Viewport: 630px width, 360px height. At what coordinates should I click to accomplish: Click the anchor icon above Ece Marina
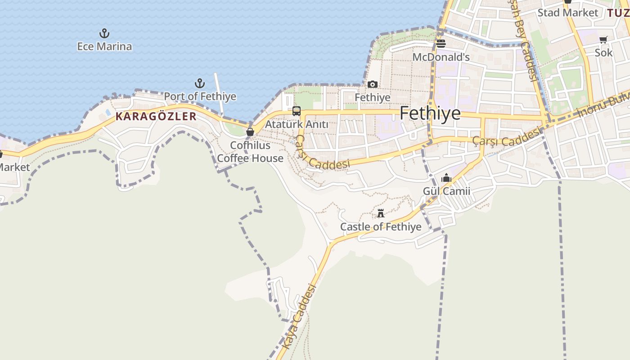tap(104, 33)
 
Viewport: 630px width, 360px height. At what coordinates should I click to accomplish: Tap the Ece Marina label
tap(104, 46)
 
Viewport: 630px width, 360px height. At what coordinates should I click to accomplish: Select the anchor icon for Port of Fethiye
tap(199, 83)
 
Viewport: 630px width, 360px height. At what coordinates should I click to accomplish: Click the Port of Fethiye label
tap(200, 96)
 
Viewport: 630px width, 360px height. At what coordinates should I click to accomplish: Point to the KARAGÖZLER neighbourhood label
tap(156, 116)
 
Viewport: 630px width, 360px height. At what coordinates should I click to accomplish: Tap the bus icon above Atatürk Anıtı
tap(296, 111)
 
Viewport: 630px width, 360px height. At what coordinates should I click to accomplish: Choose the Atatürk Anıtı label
tap(297, 124)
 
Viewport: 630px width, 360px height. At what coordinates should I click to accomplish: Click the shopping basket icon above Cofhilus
tap(250, 132)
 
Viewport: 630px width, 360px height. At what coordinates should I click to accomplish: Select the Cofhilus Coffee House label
tap(250, 152)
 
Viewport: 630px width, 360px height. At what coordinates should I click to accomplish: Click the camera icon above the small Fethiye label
tap(373, 84)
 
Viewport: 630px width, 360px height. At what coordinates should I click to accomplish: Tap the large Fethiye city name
tap(430, 113)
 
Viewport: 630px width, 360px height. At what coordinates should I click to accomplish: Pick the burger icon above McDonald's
tap(441, 44)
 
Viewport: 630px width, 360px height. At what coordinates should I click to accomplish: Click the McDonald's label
tap(441, 57)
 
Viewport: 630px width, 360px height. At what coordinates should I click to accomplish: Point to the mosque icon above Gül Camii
tap(446, 178)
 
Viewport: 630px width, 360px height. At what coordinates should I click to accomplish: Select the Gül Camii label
tap(446, 191)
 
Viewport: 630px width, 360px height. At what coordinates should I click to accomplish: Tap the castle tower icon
tap(381, 213)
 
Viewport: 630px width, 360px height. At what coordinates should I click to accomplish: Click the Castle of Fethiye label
tap(381, 226)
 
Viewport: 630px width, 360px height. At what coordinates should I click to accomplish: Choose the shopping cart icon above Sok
tap(603, 40)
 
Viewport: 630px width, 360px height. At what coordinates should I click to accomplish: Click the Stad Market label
tap(568, 13)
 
